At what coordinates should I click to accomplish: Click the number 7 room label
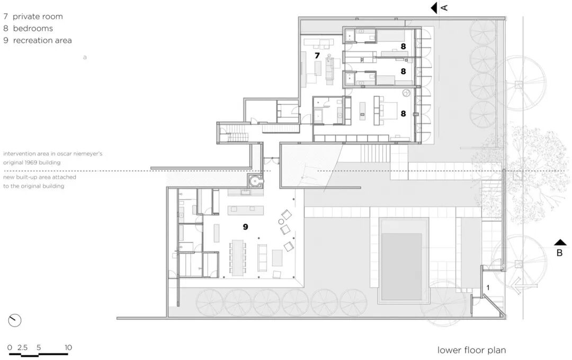pyautogui.click(x=317, y=55)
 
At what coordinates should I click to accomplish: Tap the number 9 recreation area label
pyautogui.click(x=245, y=226)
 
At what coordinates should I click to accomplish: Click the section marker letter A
pyautogui.click(x=445, y=7)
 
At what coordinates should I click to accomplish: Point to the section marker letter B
pyautogui.click(x=559, y=253)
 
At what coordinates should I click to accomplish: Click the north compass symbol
pyautogui.click(x=15, y=320)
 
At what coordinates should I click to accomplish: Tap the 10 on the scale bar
pyautogui.click(x=67, y=347)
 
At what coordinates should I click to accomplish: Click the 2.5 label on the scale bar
pyautogui.click(x=22, y=347)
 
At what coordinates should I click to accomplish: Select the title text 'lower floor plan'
pyautogui.click(x=471, y=350)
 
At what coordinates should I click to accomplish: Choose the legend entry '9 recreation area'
pyautogui.click(x=38, y=40)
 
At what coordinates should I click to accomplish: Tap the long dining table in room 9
pyautogui.click(x=238, y=257)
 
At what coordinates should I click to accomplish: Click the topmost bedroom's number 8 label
pyautogui.click(x=403, y=47)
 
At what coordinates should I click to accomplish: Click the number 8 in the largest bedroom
pyautogui.click(x=403, y=113)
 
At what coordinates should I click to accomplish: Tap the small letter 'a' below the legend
pyautogui.click(x=85, y=57)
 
